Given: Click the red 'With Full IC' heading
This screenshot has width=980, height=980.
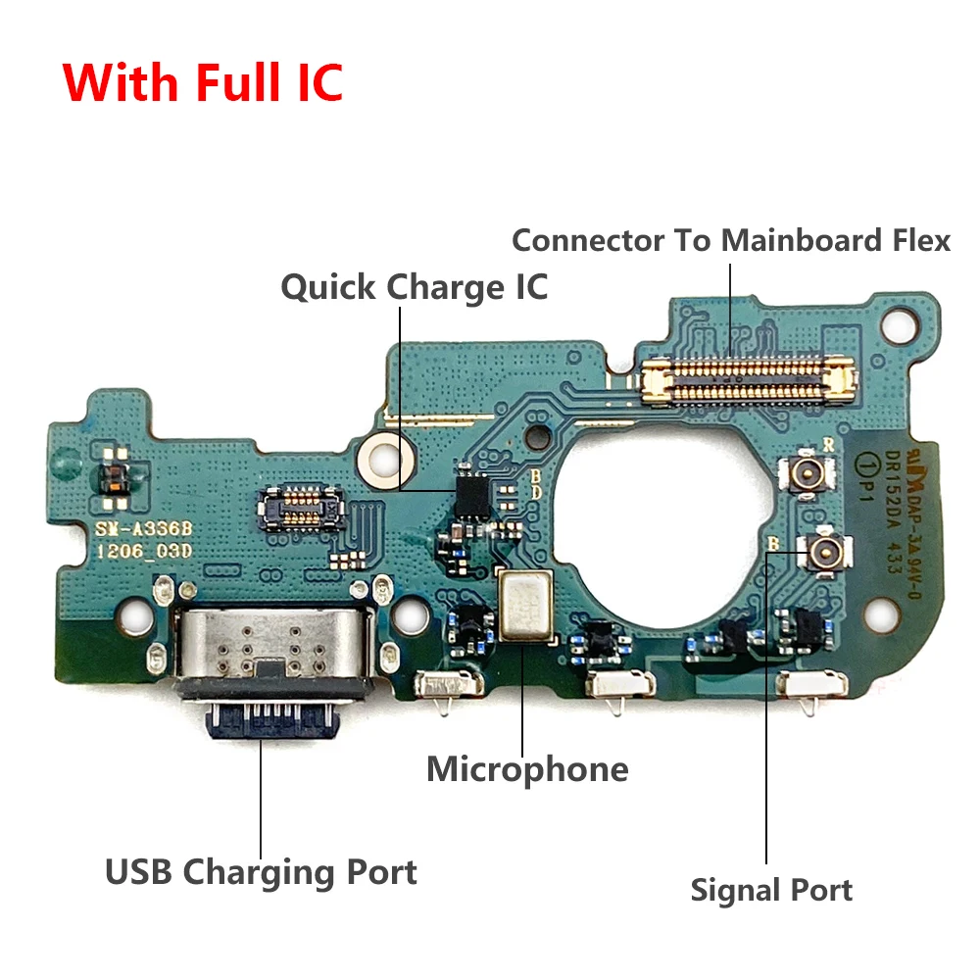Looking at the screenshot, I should tap(204, 81).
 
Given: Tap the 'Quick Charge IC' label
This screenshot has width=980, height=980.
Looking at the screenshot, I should tap(414, 287).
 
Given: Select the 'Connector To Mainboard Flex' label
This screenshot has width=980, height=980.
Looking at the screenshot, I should tap(731, 239).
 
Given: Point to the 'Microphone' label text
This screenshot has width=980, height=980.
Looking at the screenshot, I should tap(527, 768).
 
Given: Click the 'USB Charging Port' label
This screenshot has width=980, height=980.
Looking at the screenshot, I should tap(261, 870).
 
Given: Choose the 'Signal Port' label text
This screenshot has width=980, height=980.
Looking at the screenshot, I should tap(771, 890).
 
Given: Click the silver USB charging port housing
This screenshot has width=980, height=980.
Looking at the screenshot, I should tap(274, 648).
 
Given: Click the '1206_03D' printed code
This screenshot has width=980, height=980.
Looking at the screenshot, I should tap(143, 551).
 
